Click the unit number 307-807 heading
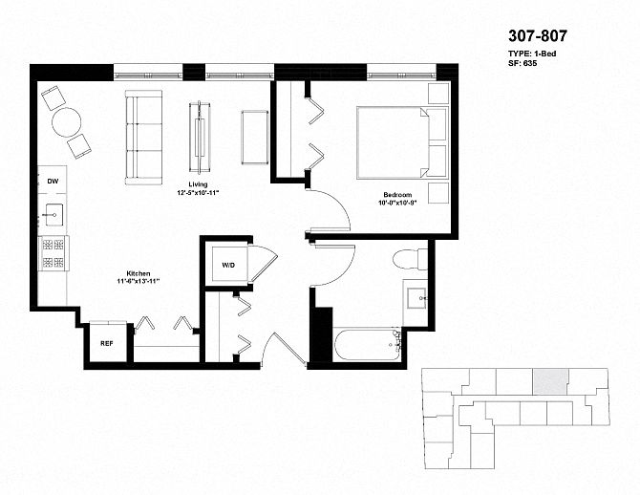pyautogui.click(x=538, y=36)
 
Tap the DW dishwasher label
pyautogui.click(x=53, y=181)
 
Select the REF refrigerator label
pyautogui.click(x=107, y=343)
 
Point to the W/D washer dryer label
pyautogui.click(x=228, y=265)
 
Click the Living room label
pyautogui.click(x=198, y=184)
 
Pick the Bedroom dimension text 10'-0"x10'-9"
pyautogui.click(x=397, y=203)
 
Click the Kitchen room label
pyautogui.click(x=138, y=273)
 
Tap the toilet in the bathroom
pyautogui.click(x=410, y=259)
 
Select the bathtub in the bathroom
pyautogui.click(x=368, y=345)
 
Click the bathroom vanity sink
pyautogui.click(x=416, y=298)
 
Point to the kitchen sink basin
pyautogui.click(x=53, y=214)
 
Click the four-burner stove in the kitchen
pyautogui.click(x=53, y=253)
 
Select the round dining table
pyautogui.click(x=66, y=122)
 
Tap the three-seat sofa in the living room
pyautogui.click(x=143, y=138)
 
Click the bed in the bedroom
pyautogui.click(x=402, y=142)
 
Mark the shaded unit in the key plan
pyautogui.click(x=550, y=381)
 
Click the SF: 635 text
pyautogui.click(x=523, y=63)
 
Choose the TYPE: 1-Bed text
pyautogui.click(x=532, y=54)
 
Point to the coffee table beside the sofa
pyautogui.click(x=200, y=138)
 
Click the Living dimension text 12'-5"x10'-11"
pyautogui.click(x=198, y=192)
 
